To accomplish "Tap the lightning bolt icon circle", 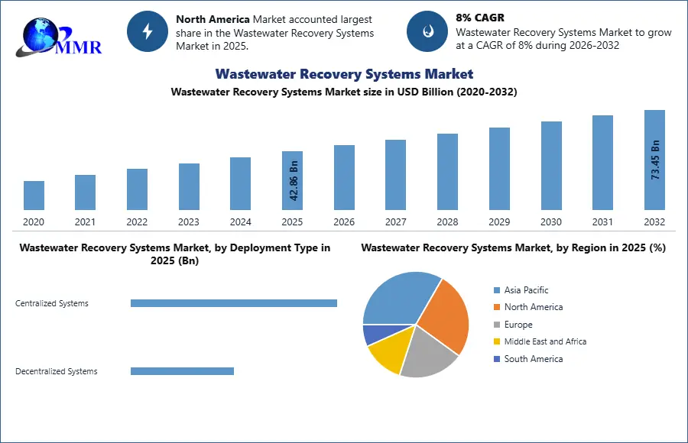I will coord(148,31).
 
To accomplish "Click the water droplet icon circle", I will coord(427,31).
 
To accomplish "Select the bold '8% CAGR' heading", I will coord(479,18).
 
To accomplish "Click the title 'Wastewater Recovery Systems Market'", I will coord(344,74).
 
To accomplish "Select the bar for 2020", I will coord(34,196).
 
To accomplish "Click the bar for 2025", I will coord(292,180).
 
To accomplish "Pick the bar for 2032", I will coord(654,160).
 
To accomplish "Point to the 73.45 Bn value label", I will coord(655,160).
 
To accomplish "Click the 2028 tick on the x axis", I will coord(447,222).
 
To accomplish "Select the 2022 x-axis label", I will coord(137,222).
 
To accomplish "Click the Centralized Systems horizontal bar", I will coord(234,303).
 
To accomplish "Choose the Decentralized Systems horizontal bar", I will coord(182,371).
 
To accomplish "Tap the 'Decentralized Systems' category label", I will coord(57,371).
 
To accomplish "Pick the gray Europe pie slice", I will coord(428,355).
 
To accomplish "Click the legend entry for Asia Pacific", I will coord(526,290).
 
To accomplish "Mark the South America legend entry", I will coord(533,359).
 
